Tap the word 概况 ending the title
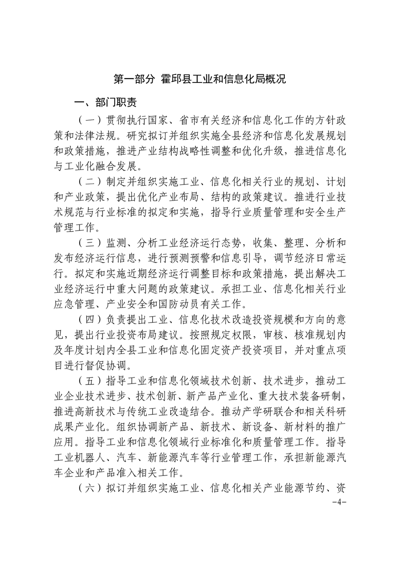[x=276, y=79]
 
